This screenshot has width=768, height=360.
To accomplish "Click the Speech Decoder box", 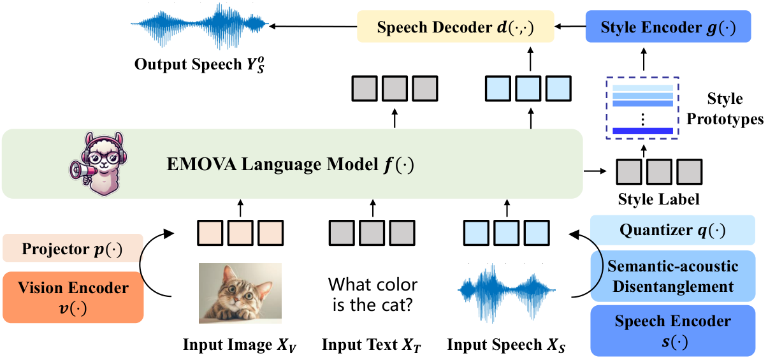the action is pos(456,26).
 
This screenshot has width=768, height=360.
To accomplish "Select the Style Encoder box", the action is pos(668,26).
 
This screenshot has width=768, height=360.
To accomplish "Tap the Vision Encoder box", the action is pos(73,298).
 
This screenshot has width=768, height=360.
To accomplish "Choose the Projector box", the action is pos(73,248).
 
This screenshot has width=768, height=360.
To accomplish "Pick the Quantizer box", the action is pos(672,230).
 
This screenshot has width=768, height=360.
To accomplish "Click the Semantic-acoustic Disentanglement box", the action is pos(672,276).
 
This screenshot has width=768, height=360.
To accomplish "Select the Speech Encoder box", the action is pos(672,331).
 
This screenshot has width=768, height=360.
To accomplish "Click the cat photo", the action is pos(240,293).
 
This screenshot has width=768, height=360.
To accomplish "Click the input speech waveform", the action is pos(507,292).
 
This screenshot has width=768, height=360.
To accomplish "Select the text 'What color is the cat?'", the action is pos(373,294).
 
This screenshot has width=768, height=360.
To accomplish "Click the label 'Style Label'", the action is pos(658,199).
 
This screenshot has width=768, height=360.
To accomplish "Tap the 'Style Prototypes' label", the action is pos(725,109).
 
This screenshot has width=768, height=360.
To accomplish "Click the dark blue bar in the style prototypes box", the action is pos(643,131).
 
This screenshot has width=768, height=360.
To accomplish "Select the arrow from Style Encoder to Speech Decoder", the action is pos(570,26).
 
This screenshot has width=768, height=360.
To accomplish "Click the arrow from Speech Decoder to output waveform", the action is pos(313,26).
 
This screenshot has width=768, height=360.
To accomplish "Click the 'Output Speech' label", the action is pos(188,64).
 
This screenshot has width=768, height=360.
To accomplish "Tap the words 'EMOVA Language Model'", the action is pos(273,164).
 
